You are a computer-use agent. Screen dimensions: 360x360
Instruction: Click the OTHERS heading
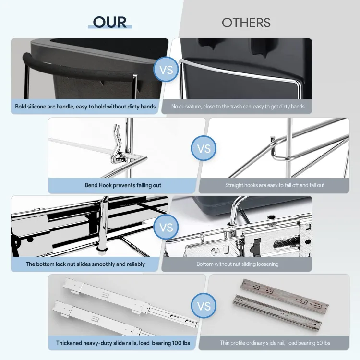pos(246,23)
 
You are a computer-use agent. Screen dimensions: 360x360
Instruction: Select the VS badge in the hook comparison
pos(204,148)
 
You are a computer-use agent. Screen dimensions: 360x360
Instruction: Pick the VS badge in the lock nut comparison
pos(166,227)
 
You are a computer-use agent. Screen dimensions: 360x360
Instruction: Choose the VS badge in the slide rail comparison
pos(204,306)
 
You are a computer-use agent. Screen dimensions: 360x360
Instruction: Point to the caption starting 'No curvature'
pos(238,106)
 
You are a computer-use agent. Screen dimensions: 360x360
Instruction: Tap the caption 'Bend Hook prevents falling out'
pos(123,185)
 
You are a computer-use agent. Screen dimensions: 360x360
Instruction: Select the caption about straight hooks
pos(274,185)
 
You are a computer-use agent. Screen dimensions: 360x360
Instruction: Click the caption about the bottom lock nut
pos(85,264)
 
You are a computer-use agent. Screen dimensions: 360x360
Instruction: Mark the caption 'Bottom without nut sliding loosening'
pos(237,264)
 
